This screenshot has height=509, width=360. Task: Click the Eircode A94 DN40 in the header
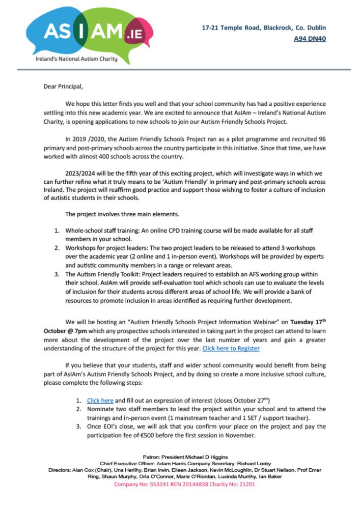[310, 38]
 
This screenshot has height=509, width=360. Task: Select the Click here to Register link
[231, 348]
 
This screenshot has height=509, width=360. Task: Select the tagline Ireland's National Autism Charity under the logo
[76, 59]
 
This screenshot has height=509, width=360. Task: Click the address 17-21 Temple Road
[231, 28]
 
